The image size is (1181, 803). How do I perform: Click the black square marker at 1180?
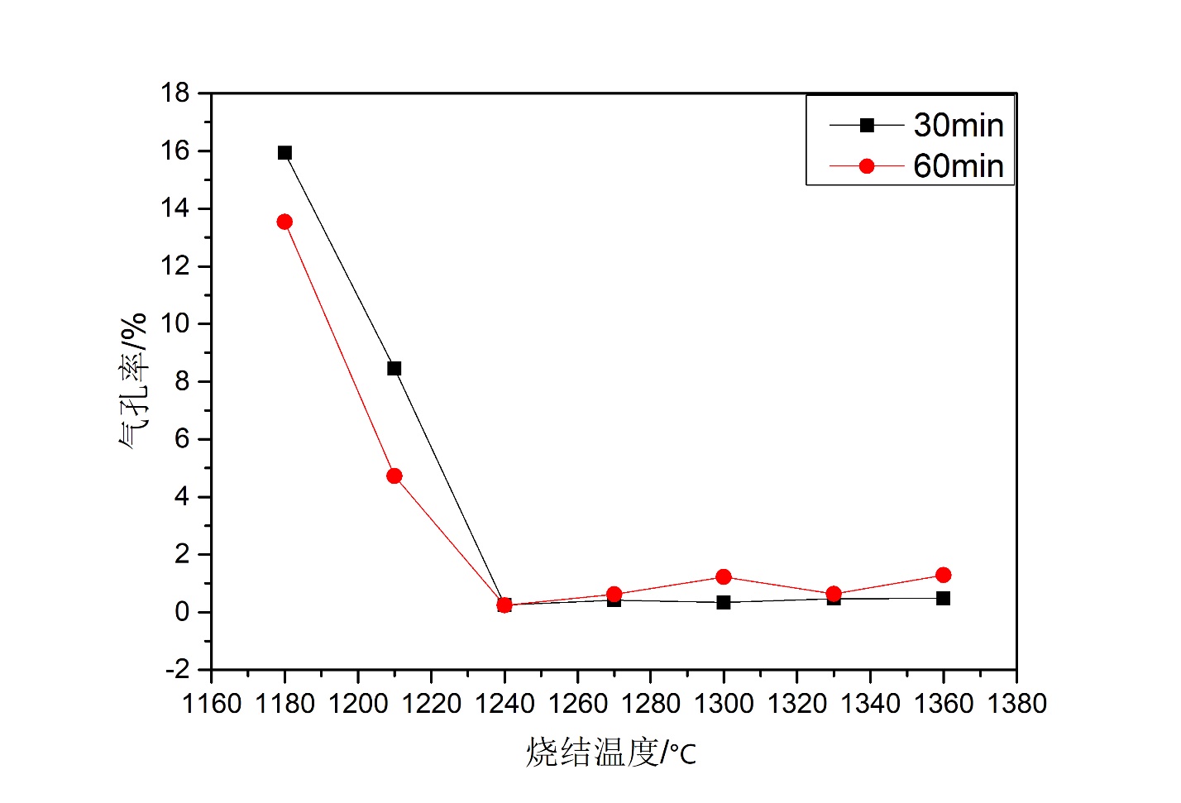click(x=284, y=152)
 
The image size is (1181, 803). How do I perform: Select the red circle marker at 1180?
click(x=284, y=222)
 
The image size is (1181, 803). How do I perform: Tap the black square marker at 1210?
click(x=394, y=368)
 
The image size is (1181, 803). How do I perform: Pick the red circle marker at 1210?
click(x=394, y=476)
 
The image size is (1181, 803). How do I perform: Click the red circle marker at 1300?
click(x=724, y=576)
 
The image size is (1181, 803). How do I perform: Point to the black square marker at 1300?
click(x=724, y=602)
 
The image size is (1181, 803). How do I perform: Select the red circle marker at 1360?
click(x=943, y=575)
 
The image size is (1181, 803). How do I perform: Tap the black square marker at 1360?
click(x=943, y=598)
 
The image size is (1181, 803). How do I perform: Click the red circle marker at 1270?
click(x=614, y=594)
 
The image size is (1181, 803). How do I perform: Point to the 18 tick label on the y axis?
click(x=175, y=93)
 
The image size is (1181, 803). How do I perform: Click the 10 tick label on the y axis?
click(x=175, y=323)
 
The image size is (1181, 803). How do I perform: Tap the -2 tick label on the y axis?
click(x=177, y=669)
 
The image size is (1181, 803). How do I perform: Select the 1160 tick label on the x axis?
click(x=212, y=704)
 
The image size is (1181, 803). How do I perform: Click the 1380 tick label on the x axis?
click(x=1016, y=704)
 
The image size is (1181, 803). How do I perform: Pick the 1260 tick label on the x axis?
click(x=577, y=704)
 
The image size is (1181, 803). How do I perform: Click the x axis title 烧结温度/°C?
click(x=611, y=753)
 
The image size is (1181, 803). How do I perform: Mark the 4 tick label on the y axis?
click(x=182, y=496)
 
